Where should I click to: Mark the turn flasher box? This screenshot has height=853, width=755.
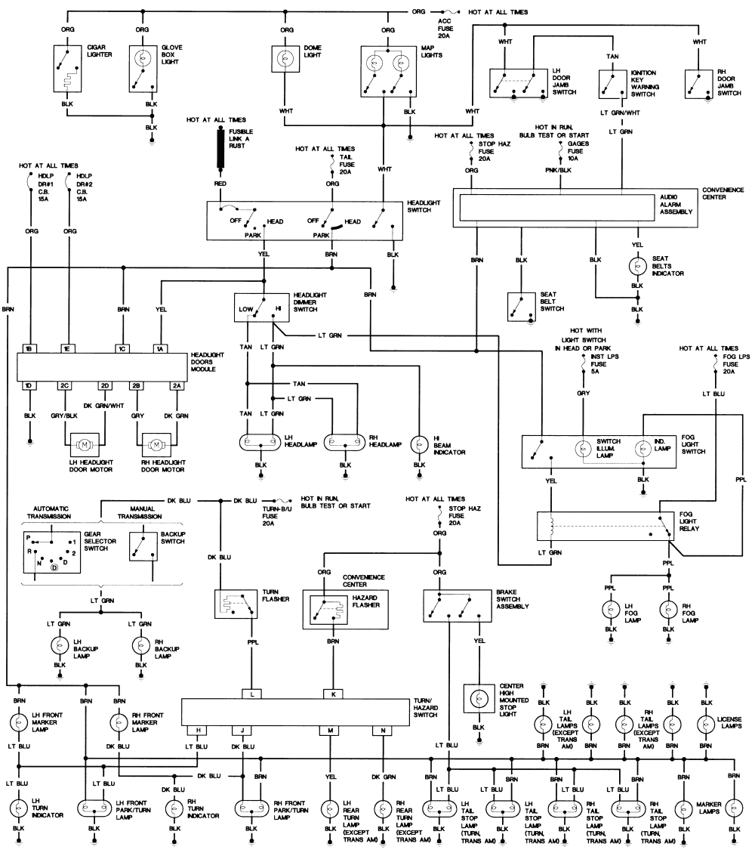(x=235, y=604)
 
